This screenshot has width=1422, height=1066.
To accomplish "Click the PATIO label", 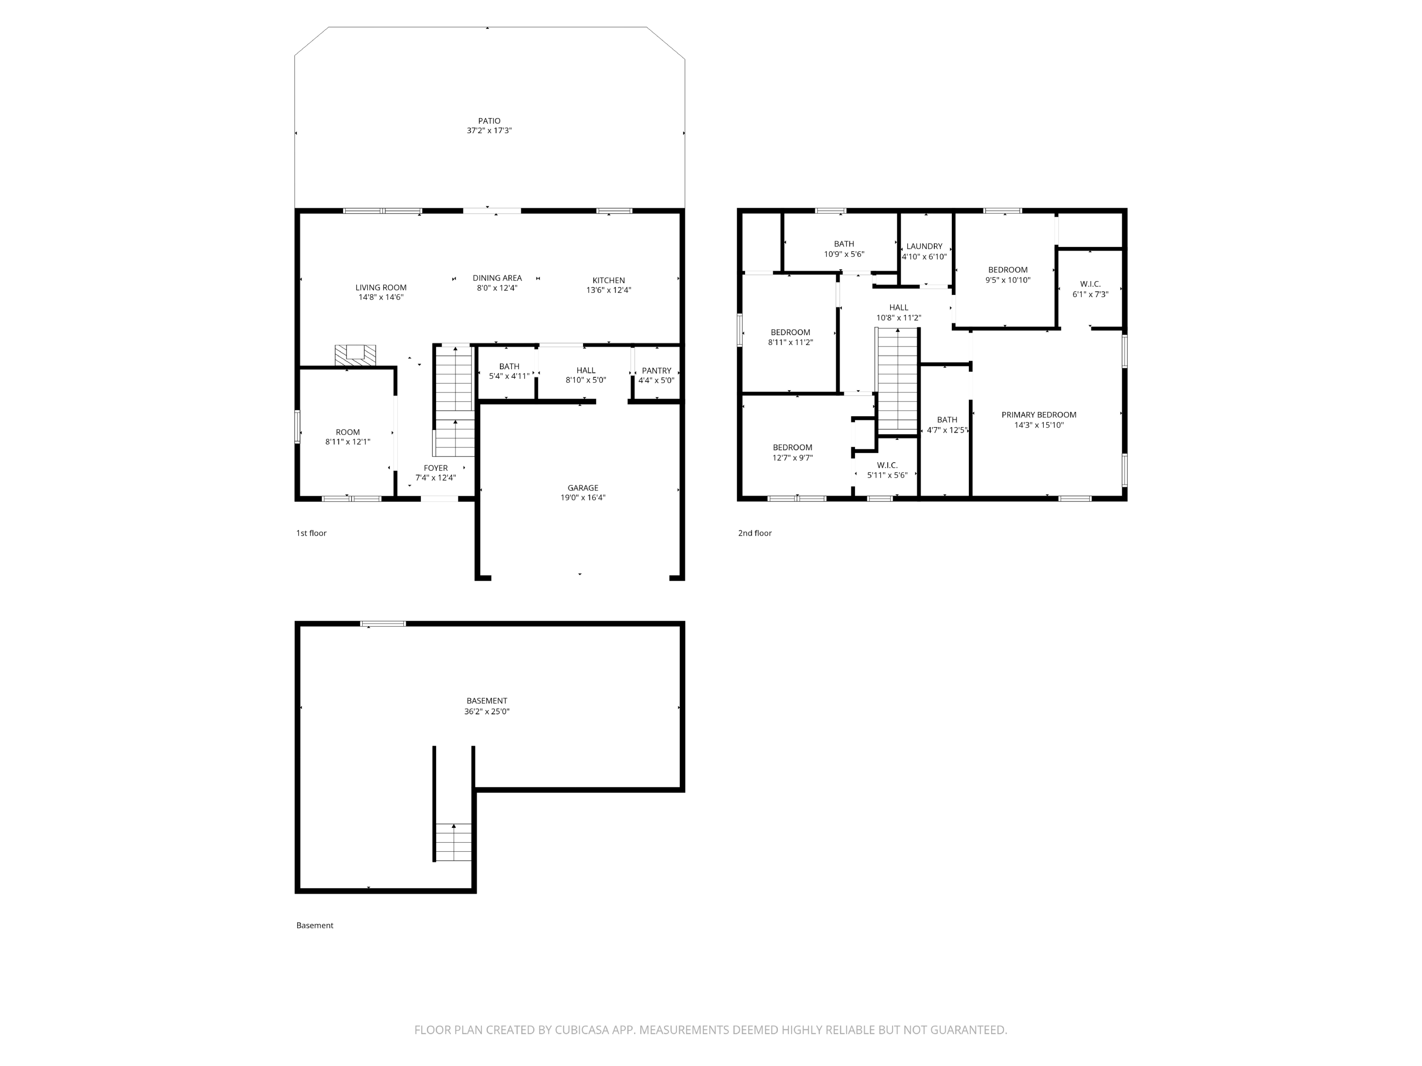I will click(x=489, y=121).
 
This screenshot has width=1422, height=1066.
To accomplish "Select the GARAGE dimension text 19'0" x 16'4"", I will click(x=583, y=498).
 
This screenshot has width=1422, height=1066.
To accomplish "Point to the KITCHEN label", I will click(x=608, y=280).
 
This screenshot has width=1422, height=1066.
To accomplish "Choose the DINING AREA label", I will click(x=497, y=278).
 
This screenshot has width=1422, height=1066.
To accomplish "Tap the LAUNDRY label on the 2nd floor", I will click(x=924, y=246).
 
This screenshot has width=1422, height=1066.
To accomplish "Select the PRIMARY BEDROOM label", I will click(x=1038, y=415).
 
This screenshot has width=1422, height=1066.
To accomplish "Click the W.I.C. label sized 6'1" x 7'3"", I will click(x=1090, y=283).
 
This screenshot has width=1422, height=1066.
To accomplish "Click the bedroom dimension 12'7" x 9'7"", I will click(x=792, y=458).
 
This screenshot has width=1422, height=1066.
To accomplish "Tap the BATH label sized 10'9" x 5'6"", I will click(x=843, y=244).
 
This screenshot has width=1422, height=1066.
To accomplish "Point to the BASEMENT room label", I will click(x=487, y=701).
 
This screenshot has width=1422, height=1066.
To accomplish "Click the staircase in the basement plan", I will click(x=453, y=842).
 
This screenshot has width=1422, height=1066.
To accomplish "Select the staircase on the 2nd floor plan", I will click(x=897, y=379).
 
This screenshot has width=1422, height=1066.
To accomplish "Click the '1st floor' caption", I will click(x=311, y=533).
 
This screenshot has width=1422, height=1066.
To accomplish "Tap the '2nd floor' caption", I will click(x=754, y=533).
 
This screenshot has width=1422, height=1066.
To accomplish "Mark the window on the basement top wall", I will click(x=383, y=624).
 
